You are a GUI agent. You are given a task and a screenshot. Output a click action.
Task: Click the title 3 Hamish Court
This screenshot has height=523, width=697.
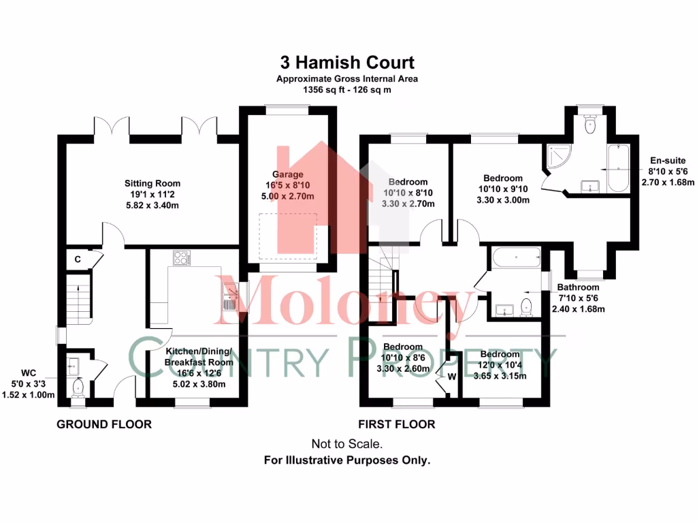347,63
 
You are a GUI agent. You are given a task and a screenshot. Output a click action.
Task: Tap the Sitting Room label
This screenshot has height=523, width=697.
152,183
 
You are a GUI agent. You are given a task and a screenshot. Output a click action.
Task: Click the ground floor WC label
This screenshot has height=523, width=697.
28,373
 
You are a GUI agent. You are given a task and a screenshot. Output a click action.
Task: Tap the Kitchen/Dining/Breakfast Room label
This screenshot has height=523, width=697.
199,357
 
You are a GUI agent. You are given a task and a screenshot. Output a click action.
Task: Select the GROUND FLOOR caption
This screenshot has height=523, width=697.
103,424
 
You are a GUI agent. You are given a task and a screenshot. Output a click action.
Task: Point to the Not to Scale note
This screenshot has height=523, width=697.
347,443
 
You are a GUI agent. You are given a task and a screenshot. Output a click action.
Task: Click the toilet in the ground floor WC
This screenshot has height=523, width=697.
78,387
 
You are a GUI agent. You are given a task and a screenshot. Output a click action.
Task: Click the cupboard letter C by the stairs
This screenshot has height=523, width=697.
78,259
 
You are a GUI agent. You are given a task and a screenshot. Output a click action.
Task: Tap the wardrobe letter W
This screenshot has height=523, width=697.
451,375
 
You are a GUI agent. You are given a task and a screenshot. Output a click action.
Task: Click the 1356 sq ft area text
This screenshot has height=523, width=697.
347,89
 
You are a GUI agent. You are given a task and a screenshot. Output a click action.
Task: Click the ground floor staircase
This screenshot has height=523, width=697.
80,300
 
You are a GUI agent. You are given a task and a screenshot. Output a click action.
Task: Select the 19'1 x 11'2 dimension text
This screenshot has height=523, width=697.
152,194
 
